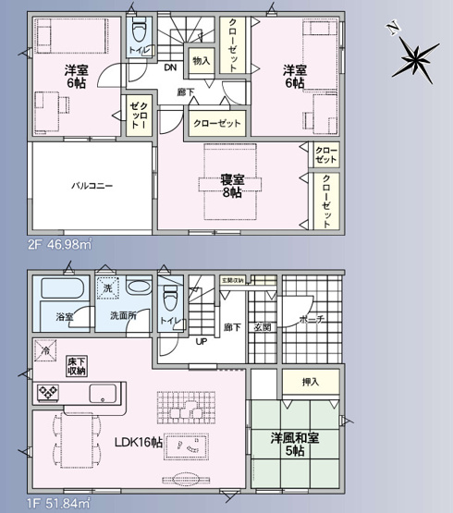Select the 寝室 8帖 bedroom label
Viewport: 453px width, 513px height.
click(230, 185)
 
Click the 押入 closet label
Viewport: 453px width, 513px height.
click(311, 381)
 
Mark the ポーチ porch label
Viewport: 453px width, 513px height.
click(312, 320)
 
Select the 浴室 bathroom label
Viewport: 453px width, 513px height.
click(64, 315)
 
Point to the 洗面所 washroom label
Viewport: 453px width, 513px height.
click(123, 315)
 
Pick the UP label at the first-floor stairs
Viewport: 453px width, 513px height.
click(200, 341)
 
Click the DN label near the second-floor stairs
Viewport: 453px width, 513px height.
click(171, 67)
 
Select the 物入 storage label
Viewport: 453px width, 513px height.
click(201, 61)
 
